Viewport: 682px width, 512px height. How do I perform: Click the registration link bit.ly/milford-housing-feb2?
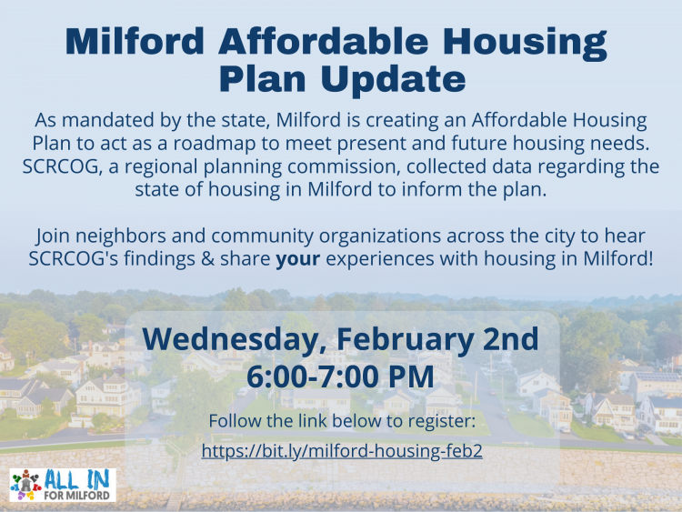[x=342, y=452]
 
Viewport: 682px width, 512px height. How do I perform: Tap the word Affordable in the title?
[x=324, y=41]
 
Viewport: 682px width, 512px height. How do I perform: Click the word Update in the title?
[x=393, y=79]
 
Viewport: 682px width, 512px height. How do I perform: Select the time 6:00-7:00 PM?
[x=340, y=376]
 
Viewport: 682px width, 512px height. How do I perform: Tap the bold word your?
[x=298, y=259]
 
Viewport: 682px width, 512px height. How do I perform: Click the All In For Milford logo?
[x=63, y=485]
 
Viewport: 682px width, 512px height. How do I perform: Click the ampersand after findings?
[x=208, y=259]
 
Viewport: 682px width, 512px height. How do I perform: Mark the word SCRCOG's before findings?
[x=74, y=259]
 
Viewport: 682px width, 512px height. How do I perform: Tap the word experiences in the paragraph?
[x=380, y=259]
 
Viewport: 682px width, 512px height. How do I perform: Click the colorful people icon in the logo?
[x=26, y=485]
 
